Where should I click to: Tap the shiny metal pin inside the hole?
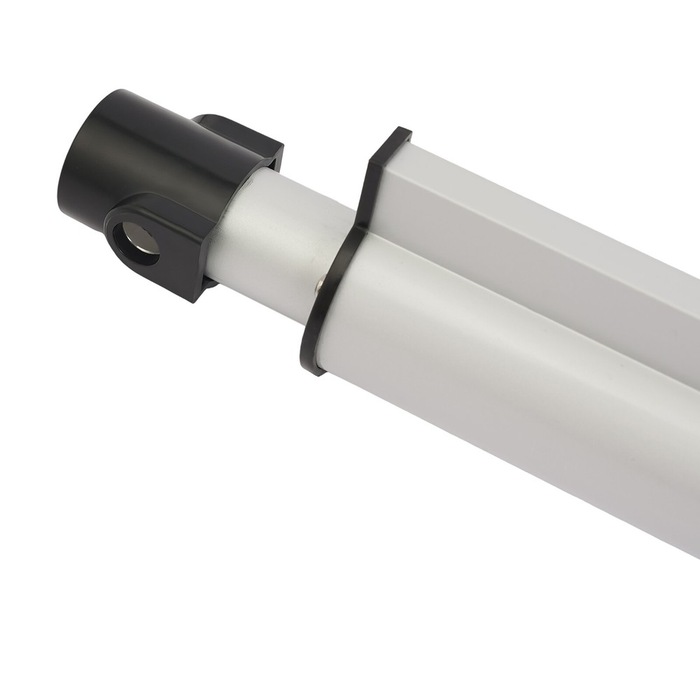click(x=144, y=242)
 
